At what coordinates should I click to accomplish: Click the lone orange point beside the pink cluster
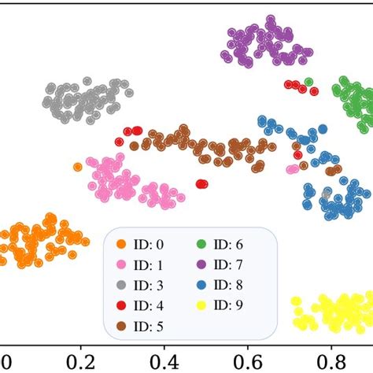pyautogui.click(x=77, y=167)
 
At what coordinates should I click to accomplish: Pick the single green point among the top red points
pyautogui.click(x=308, y=81)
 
